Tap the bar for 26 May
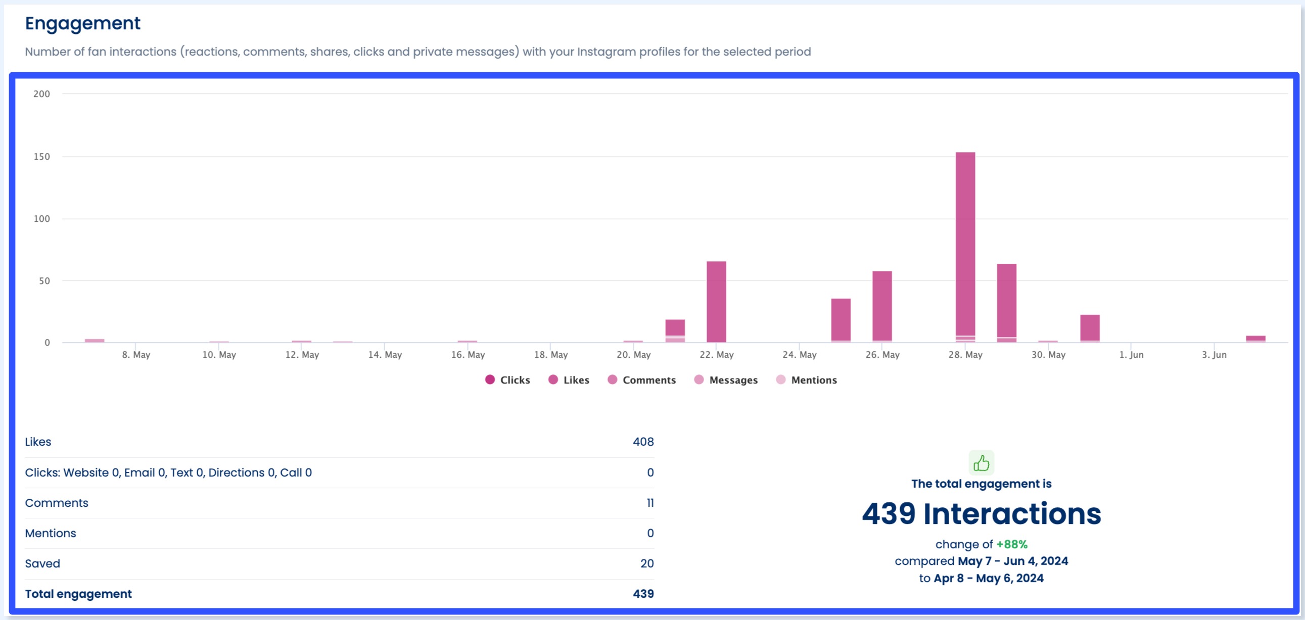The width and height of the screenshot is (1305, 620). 882,306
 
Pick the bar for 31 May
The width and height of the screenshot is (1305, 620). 1090,328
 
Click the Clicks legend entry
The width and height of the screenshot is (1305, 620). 507,380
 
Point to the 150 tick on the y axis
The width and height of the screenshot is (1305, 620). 41,157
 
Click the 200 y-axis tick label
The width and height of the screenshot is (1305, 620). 41,93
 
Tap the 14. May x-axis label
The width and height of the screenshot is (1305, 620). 385,355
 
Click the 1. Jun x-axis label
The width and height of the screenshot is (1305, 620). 1131,355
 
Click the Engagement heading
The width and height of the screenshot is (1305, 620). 82,23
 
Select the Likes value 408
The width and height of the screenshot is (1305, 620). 643,442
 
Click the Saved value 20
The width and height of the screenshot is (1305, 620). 646,563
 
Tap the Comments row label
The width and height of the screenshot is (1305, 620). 56,502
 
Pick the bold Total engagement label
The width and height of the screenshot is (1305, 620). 78,594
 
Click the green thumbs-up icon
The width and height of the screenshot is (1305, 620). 982,462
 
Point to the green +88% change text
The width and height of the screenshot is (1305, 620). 1012,544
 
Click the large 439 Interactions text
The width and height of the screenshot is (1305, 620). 982,513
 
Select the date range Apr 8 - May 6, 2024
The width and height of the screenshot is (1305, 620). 989,578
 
